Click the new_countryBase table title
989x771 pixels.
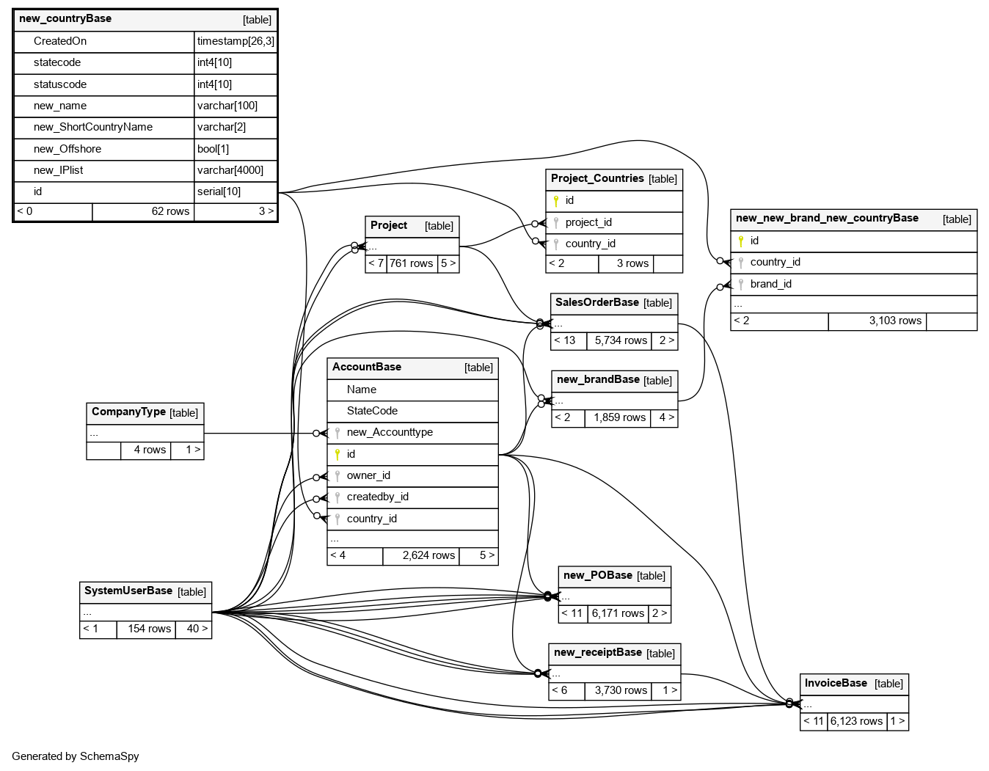coord(65,19)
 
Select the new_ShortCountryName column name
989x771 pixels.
coord(93,127)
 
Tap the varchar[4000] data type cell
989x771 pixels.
coord(230,170)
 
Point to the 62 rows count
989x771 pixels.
coord(170,211)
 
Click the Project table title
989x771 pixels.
coord(389,226)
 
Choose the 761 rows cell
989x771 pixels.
coord(411,263)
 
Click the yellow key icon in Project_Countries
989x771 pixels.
coord(556,201)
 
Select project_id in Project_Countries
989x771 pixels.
coord(588,222)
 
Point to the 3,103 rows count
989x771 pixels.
coord(895,321)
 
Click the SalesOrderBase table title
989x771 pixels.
coord(597,302)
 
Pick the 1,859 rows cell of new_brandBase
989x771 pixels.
coord(619,417)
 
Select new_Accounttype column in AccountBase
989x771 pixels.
coord(390,432)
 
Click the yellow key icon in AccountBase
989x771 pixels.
coord(337,455)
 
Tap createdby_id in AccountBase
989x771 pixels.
coord(377,497)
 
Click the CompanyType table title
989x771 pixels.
coord(128,412)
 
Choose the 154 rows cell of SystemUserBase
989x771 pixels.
coord(149,629)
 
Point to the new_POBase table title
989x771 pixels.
coord(598,576)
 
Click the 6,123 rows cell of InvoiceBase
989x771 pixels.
coord(856,721)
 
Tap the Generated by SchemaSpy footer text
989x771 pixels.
coord(76,756)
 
